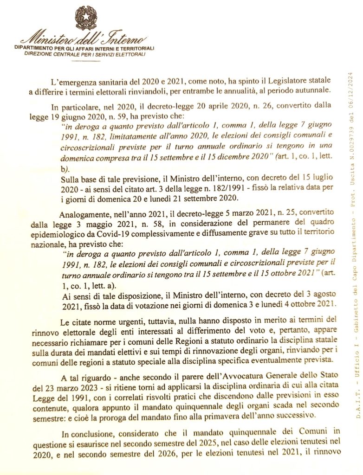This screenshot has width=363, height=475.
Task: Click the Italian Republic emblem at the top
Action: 86,19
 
